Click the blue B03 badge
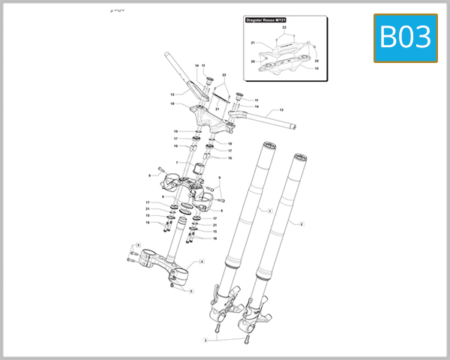(x=405, y=37)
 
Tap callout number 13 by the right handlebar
(x=281, y=110)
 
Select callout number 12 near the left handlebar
(x=172, y=94)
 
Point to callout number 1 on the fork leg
(x=269, y=211)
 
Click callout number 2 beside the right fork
(x=301, y=223)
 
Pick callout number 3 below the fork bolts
(x=205, y=340)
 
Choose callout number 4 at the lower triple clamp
(x=202, y=262)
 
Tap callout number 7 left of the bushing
(x=176, y=162)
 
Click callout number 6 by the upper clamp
(x=163, y=196)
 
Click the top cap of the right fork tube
(x=298, y=157)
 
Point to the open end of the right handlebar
(x=295, y=128)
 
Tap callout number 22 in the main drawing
(x=223, y=75)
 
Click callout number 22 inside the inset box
(x=283, y=27)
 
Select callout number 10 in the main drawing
(x=172, y=103)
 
